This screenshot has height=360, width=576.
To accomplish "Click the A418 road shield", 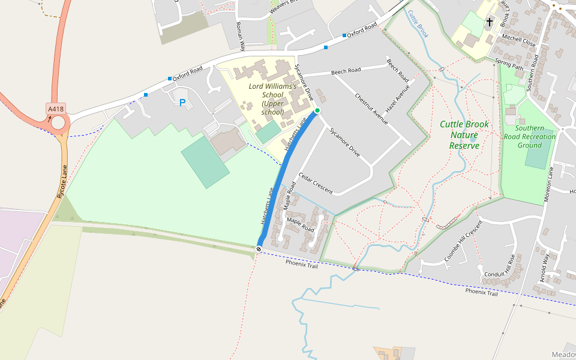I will (x=56, y=109).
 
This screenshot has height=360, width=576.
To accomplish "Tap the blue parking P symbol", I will (x=182, y=103).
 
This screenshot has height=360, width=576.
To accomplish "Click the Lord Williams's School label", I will (x=273, y=99).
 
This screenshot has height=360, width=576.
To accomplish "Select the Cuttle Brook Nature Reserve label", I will (x=464, y=135).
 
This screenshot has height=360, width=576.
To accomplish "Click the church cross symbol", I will (x=490, y=22).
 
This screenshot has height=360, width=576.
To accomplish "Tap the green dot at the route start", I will (x=317, y=111).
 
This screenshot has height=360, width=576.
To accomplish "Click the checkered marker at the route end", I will (x=259, y=248).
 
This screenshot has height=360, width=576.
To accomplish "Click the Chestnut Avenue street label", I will (x=371, y=108).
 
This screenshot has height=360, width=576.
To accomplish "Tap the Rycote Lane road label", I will (x=62, y=181).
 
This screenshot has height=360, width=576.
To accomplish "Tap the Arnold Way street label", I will (x=545, y=268).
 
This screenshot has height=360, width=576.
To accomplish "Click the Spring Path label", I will (x=509, y=65).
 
